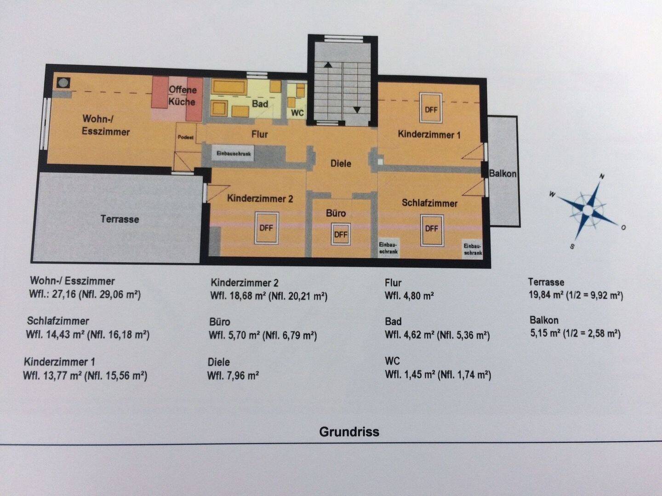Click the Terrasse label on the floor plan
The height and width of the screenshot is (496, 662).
tap(120, 219)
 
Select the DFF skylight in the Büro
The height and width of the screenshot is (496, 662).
tap(341, 234)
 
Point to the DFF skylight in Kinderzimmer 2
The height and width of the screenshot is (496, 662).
tap(266, 227)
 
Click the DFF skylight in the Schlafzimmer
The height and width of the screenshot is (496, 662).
tap(431, 228)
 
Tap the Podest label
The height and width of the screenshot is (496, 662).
tap(186, 137)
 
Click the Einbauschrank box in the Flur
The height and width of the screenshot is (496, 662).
tap(234, 154)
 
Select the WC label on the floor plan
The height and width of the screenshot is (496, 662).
tap(297, 113)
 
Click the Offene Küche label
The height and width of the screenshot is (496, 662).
tap(182, 96)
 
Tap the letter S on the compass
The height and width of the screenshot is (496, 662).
tap(572, 247)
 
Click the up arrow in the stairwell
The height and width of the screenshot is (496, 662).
tap(328, 65)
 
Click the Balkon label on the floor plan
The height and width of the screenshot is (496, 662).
tap(502, 174)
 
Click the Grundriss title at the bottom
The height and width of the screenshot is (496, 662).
tap(349, 432)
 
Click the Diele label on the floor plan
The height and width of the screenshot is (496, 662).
tap(341, 163)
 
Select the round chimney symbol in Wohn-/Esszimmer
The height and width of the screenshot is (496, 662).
tap(63, 83)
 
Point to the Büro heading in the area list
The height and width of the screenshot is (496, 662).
tap(219, 321)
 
